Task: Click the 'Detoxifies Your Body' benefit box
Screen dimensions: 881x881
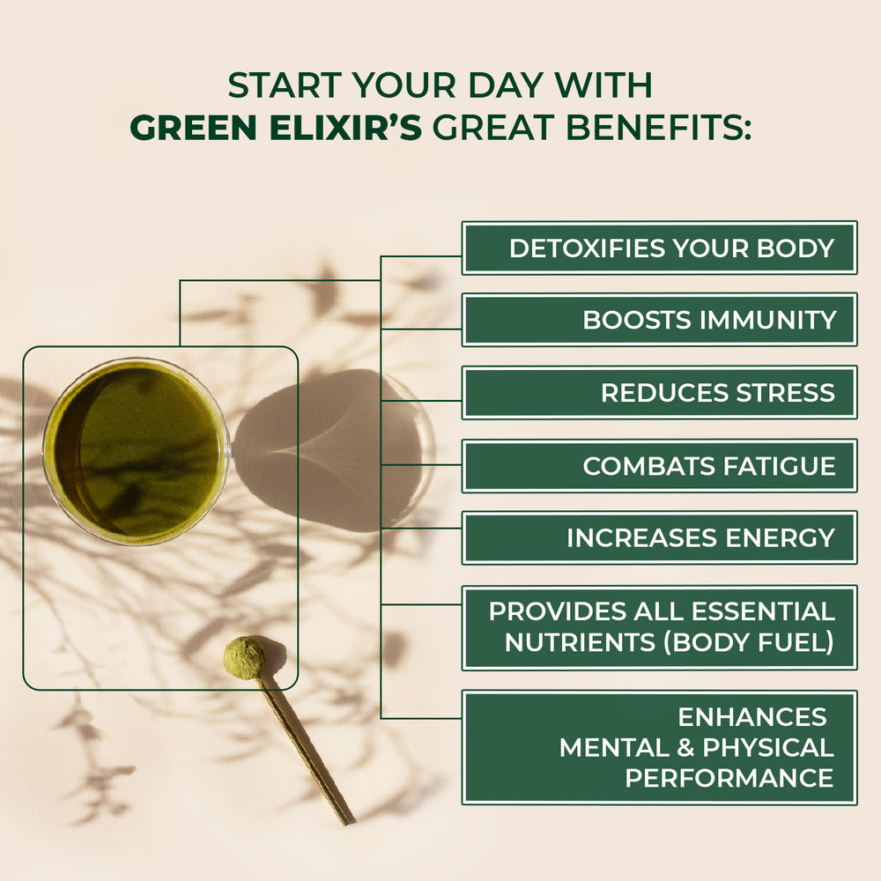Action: pyautogui.click(x=659, y=248)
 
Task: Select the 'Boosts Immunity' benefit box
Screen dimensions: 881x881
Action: pyautogui.click(x=659, y=320)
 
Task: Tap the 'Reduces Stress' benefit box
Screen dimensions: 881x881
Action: pyautogui.click(x=659, y=392)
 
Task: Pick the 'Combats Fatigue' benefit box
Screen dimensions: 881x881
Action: pyautogui.click(x=659, y=465)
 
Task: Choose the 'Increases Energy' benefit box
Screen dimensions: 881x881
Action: pyautogui.click(x=659, y=537)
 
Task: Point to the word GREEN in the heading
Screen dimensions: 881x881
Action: pyautogui.click(x=188, y=127)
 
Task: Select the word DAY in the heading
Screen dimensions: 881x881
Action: pyautogui.click(x=492, y=85)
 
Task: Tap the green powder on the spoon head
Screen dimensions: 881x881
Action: pyautogui.click(x=244, y=657)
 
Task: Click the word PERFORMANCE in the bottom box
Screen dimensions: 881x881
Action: pyautogui.click(x=729, y=778)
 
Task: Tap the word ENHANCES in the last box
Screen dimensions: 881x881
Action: pyautogui.click(x=751, y=716)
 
